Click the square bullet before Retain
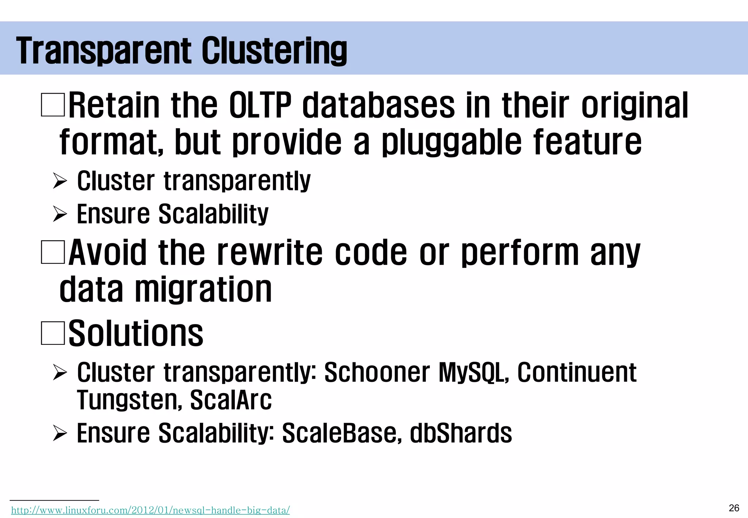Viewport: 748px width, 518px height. (53, 105)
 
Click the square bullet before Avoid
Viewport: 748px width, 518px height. (53, 252)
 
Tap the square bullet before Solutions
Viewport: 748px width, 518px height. (53, 333)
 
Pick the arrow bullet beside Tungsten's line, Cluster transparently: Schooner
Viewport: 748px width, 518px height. (60, 373)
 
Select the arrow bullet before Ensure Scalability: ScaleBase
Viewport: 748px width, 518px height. (60, 433)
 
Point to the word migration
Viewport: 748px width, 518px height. (203, 289)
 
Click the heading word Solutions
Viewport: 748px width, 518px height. (136, 333)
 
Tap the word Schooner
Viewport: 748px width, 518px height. (377, 373)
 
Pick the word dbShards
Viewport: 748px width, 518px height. (461, 433)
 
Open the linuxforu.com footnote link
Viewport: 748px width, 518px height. (150, 510)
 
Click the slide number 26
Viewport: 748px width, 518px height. (734, 508)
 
